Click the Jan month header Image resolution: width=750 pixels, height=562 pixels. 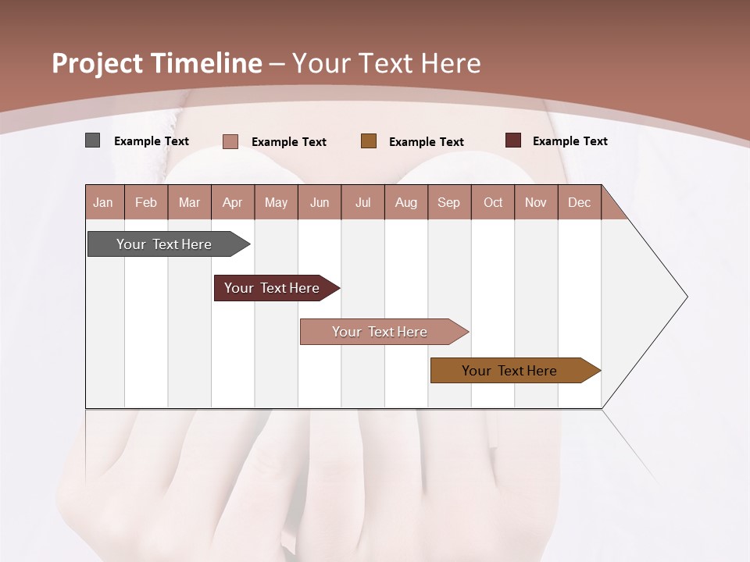click(104, 202)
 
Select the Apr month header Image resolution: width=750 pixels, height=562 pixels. click(233, 202)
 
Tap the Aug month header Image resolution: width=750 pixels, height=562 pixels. click(406, 202)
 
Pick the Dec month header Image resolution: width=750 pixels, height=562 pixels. click(579, 202)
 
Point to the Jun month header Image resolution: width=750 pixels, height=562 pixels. click(320, 202)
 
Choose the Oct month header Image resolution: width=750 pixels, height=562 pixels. click(493, 202)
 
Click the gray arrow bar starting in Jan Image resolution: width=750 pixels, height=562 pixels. click(164, 244)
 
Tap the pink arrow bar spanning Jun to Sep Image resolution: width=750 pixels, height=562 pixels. click(380, 332)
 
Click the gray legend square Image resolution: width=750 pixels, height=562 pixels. click(93, 140)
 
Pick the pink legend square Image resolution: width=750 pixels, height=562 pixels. click(230, 141)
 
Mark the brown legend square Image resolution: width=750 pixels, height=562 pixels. click(369, 140)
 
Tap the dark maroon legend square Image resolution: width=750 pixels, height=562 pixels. click(513, 140)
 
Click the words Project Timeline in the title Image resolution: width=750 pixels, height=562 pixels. click(156, 63)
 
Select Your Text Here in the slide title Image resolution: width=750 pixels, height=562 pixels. click(386, 63)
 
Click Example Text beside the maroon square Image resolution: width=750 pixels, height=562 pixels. click(570, 141)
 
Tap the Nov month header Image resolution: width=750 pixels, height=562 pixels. click(536, 202)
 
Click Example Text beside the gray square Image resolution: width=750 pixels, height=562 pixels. click(152, 141)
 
